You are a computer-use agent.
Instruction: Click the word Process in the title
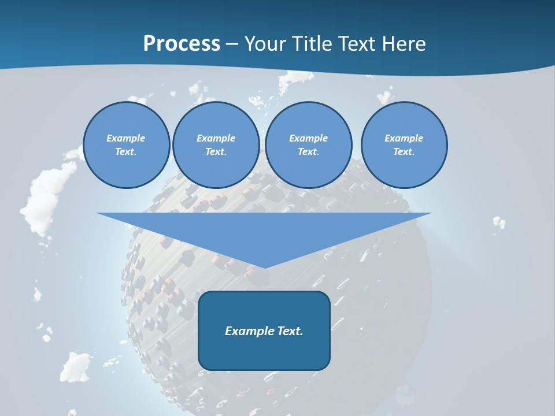pyautogui.click(x=182, y=44)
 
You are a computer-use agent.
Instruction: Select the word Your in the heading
pyautogui.click(x=265, y=44)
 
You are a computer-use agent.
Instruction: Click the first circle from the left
pyautogui.click(x=126, y=144)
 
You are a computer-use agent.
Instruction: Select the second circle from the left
pyautogui.click(x=216, y=144)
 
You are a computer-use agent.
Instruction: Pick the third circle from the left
pyautogui.click(x=308, y=144)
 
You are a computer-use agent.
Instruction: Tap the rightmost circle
pyautogui.click(x=404, y=144)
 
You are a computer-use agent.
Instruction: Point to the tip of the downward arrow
pyautogui.click(x=264, y=268)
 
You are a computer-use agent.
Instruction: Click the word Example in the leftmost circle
pyautogui.click(x=126, y=138)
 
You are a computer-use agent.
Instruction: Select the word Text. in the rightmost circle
pyautogui.click(x=404, y=151)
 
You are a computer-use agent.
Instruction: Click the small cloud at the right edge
pyautogui.click(x=498, y=222)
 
